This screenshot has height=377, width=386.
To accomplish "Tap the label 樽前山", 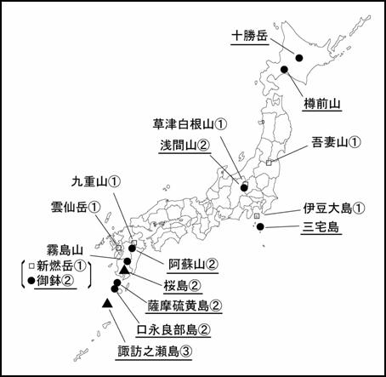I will click(x=323, y=104).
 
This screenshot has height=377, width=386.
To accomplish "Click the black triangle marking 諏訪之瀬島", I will click(x=107, y=303).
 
